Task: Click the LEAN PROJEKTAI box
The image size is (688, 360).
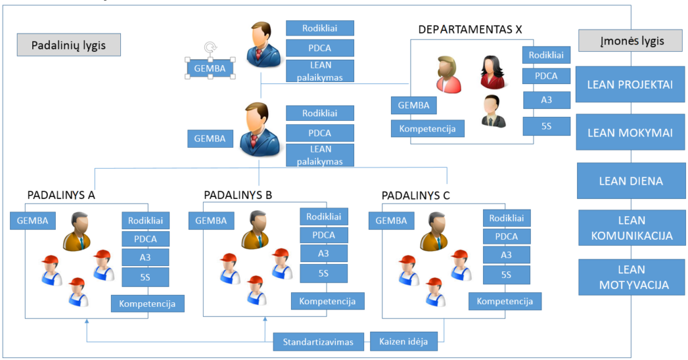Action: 630,85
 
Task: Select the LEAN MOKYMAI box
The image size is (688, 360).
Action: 630,132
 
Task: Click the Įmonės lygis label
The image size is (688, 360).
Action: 631,41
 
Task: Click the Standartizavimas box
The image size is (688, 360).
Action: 318,342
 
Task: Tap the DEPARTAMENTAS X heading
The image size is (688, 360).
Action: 470,30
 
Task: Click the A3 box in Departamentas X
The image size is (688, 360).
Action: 546,100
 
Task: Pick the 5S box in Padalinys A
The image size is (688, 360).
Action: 145,275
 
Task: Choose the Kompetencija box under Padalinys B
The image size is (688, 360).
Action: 328,301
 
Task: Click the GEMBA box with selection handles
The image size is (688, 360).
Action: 210,68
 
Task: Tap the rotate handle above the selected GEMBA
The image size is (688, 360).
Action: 210,48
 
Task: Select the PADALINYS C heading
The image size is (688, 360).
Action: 416,195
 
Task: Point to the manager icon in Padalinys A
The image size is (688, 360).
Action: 79,232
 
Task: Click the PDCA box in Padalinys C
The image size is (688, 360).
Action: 506,236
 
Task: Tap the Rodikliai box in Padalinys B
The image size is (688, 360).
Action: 323,217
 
